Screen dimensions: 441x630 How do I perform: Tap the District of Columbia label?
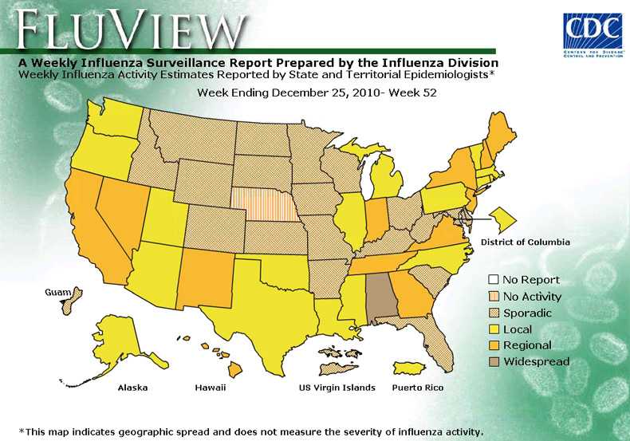[x=525, y=242]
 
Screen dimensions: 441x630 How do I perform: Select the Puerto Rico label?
[x=417, y=388]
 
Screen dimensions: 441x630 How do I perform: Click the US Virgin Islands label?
[x=337, y=388]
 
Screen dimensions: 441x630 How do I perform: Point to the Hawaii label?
[x=210, y=388]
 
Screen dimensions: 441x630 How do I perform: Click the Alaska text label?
[x=132, y=388]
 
